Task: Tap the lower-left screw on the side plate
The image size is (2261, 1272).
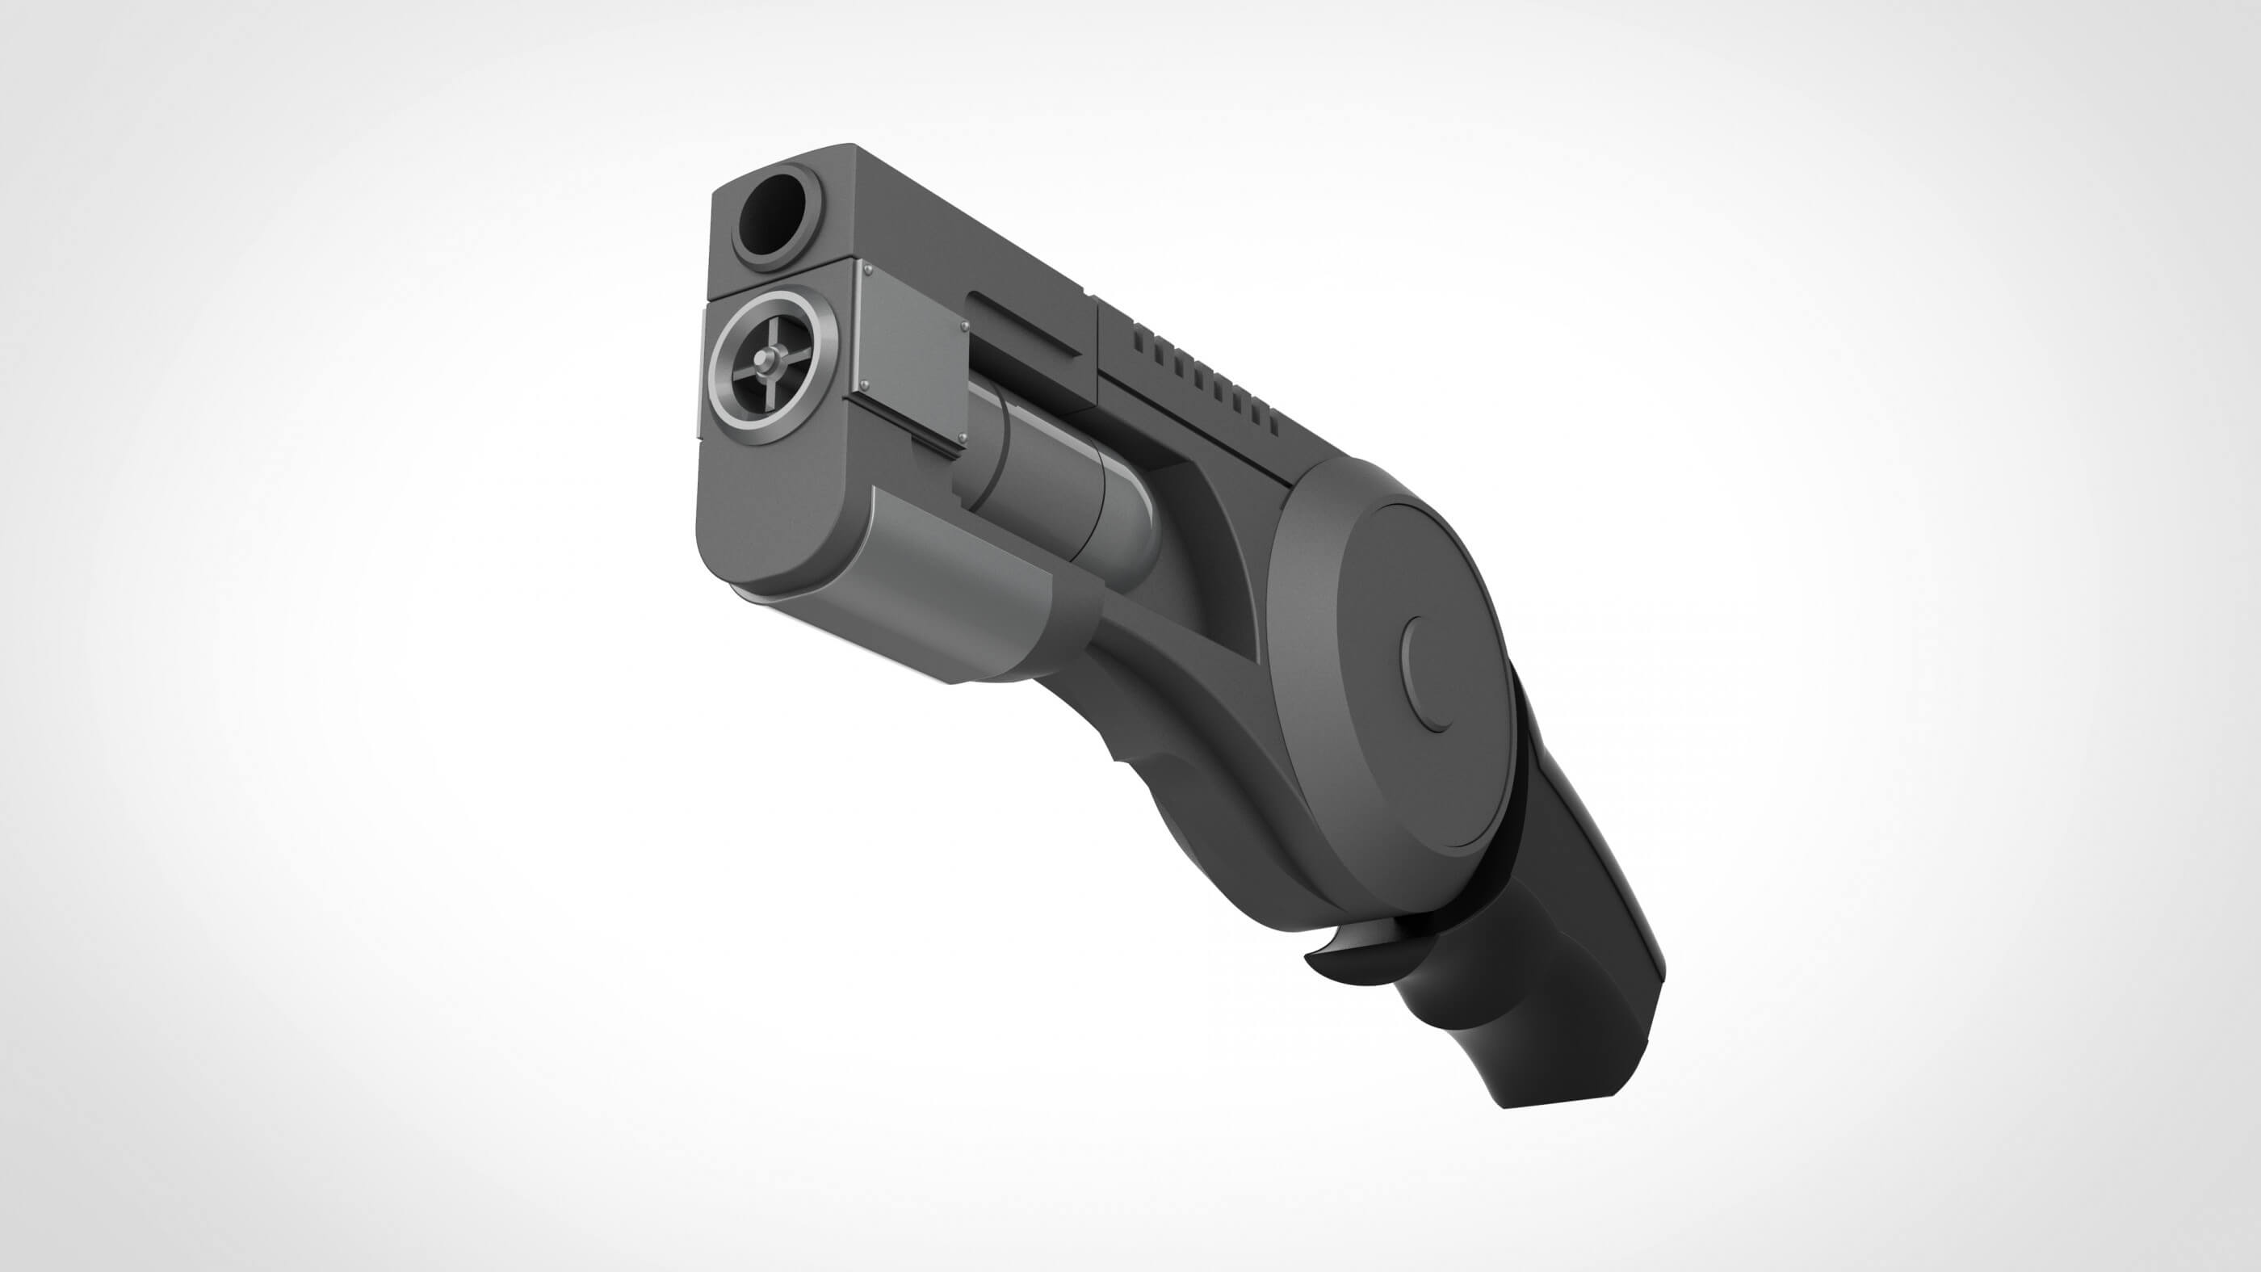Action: [x=864, y=383]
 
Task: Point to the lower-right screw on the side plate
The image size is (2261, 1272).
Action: [x=960, y=436]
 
